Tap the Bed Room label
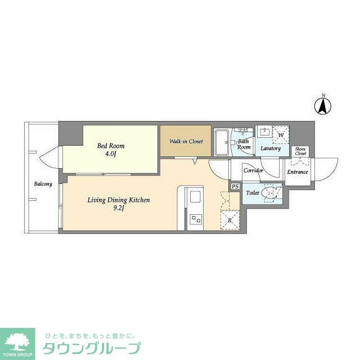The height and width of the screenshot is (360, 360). [111, 146]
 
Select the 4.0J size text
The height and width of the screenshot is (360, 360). [110, 154]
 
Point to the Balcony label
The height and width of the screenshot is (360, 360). [43, 184]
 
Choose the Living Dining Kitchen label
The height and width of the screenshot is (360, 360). [118, 200]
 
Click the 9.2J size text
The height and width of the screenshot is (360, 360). [119, 208]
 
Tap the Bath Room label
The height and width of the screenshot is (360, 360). [244, 145]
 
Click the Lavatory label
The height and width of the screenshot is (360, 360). [270, 148]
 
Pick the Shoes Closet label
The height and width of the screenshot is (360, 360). [300, 151]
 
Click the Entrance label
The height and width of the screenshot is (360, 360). [298, 172]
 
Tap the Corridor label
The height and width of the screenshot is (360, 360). [253, 170]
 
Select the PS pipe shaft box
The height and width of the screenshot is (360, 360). [235, 187]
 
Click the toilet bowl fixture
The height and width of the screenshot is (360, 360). [269, 193]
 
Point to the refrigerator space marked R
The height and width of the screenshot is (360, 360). [231, 220]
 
